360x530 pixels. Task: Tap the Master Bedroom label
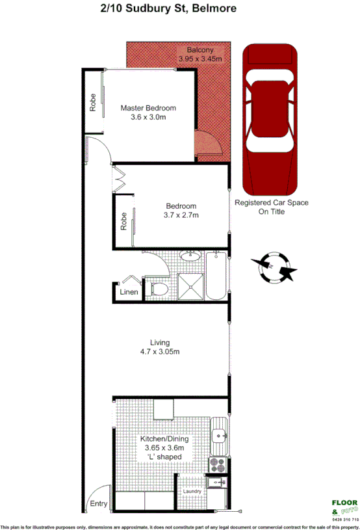148,108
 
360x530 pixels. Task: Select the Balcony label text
200,50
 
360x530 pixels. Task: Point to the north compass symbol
273,268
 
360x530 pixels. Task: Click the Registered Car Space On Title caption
272,207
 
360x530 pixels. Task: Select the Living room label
160,343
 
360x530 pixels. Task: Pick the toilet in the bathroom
158,288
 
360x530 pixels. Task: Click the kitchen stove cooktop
216,464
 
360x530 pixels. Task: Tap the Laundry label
192,492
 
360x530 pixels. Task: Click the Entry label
99,504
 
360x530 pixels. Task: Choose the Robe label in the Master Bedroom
93,104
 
